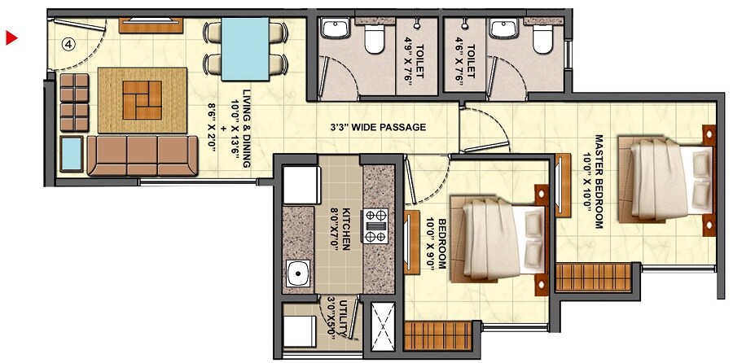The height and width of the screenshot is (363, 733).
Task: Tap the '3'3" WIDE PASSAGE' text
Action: tap(377, 128)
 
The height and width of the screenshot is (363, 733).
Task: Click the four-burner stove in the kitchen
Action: tap(376, 226)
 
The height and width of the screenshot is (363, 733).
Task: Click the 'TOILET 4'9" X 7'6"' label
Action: tap(415, 61)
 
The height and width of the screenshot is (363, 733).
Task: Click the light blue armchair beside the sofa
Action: tap(72, 154)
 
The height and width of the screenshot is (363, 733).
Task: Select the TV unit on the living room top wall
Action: tap(155, 24)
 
